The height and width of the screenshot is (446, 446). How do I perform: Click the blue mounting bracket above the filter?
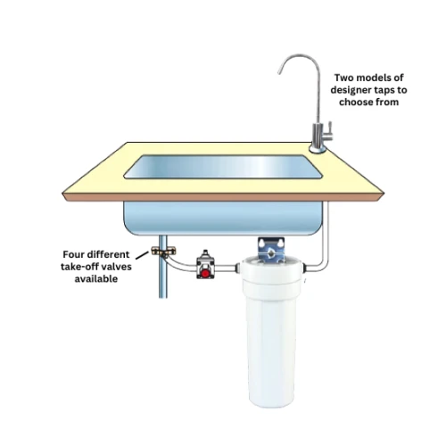[269, 244]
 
